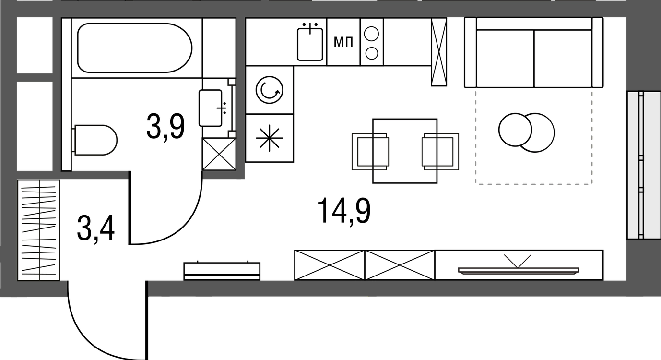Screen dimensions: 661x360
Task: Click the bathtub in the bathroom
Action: click(135, 48)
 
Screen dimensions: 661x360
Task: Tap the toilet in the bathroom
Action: click(94, 140)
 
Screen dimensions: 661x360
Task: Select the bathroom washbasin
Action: click(211, 108)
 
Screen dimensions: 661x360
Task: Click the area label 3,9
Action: click(165, 127)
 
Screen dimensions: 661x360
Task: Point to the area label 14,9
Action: click(344, 211)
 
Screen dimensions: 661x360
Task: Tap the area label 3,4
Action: click(95, 228)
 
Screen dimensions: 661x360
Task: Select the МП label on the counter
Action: click(343, 43)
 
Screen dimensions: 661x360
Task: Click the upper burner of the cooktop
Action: click(372, 34)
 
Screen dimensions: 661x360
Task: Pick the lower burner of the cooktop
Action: click(372, 53)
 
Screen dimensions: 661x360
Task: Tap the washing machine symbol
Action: click(270, 90)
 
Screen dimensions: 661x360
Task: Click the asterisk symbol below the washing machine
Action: click(269, 138)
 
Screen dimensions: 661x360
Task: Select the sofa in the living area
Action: click(534, 53)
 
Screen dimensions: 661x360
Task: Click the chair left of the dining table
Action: click(370, 152)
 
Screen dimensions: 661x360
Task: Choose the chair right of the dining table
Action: click(440, 152)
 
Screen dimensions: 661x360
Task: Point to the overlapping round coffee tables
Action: click(526, 132)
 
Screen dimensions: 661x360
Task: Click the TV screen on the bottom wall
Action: click(519, 270)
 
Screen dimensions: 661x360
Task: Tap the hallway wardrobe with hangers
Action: click(39, 230)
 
